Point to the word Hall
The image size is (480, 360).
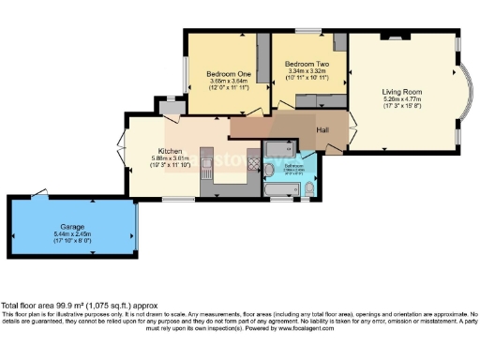point(322,128)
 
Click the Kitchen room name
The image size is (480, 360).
point(170,150)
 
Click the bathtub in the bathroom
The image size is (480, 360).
point(278,191)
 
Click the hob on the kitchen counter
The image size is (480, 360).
point(251,157)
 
